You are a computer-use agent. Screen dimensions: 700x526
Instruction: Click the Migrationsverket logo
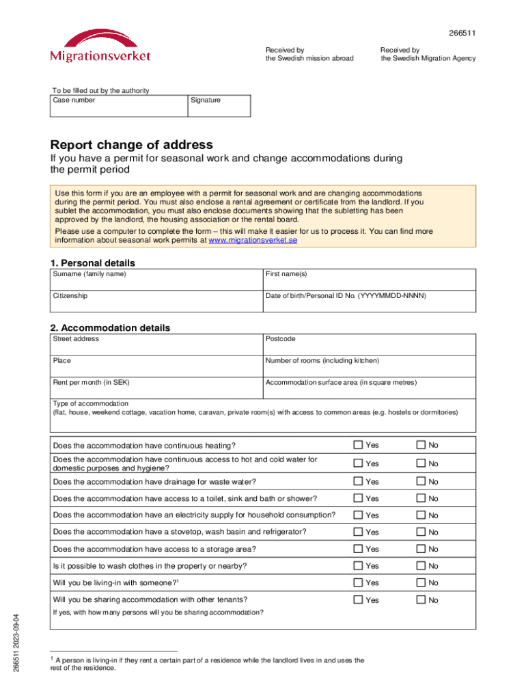pyautogui.click(x=100, y=46)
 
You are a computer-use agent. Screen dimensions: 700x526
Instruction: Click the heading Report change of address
pyautogui.click(x=131, y=145)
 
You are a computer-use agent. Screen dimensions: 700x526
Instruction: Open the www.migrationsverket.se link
pyautogui.click(x=253, y=241)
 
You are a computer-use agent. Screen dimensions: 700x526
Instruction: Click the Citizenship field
pyautogui.click(x=156, y=301)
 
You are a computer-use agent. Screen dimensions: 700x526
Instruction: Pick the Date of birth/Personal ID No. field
pyautogui.click(x=369, y=301)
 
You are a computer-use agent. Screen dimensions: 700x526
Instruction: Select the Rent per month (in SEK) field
pyautogui.click(x=156, y=388)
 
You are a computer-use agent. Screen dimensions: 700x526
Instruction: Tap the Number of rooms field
pyautogui.click(x=369, y=366)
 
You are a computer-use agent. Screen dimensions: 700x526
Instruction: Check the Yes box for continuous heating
pyautogui.click(x=357, y=445)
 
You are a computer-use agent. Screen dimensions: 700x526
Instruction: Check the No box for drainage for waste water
pyautogui.click(x=421, y=481)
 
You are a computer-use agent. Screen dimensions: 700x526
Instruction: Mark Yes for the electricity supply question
pyautogui.click(x=357, y=515)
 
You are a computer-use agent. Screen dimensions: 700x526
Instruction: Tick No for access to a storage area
pyautogui.click(x=421, y=549)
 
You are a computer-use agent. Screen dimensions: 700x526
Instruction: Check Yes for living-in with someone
pyautogui.click(x=357, y=582)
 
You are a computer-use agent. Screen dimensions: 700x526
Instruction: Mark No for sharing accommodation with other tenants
pyautogui.click(x=421, y=600)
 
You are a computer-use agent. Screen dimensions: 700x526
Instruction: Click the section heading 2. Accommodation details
pyautogui.click(x=111, y=327)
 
